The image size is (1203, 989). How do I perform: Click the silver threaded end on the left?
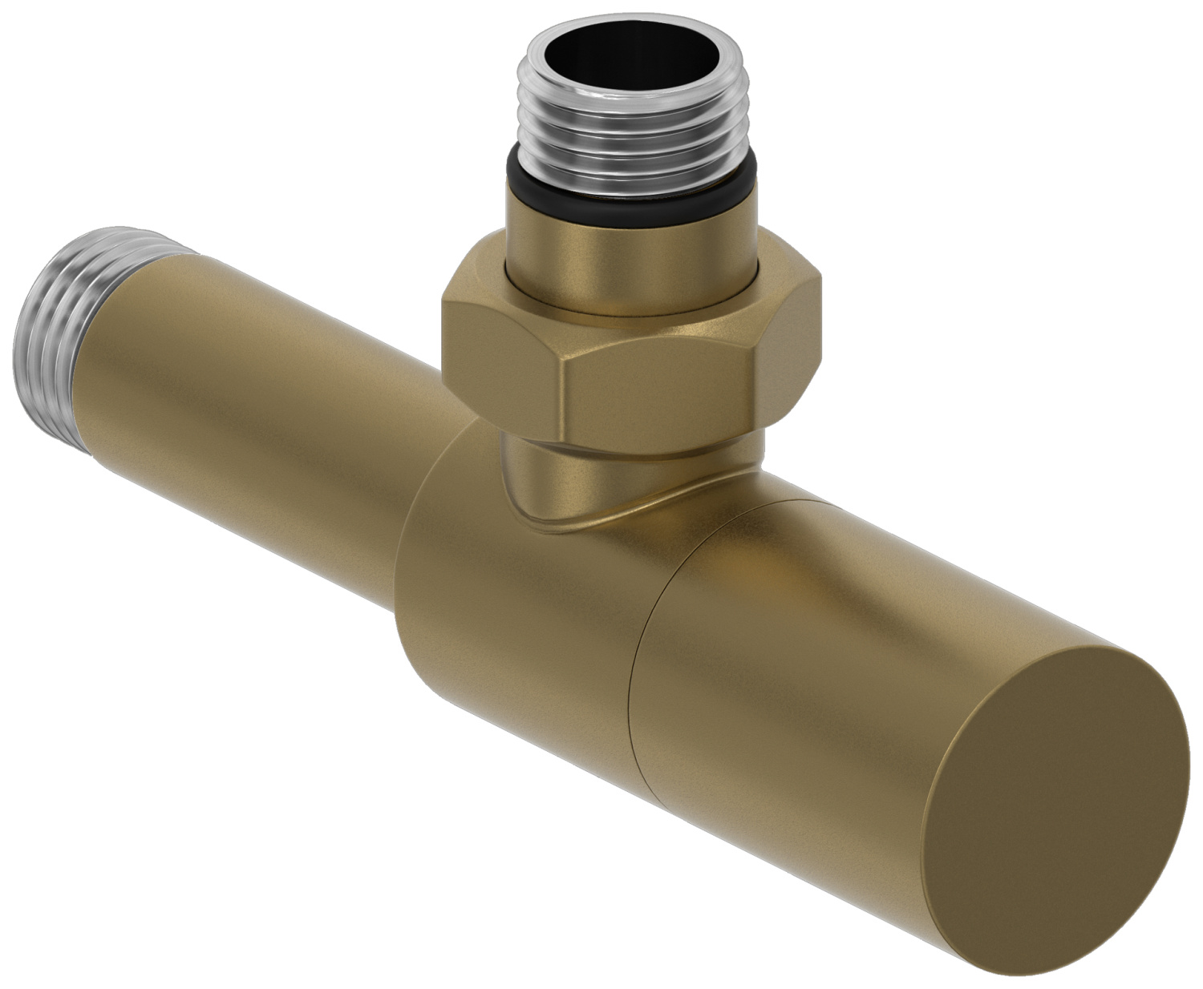[56, 321]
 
